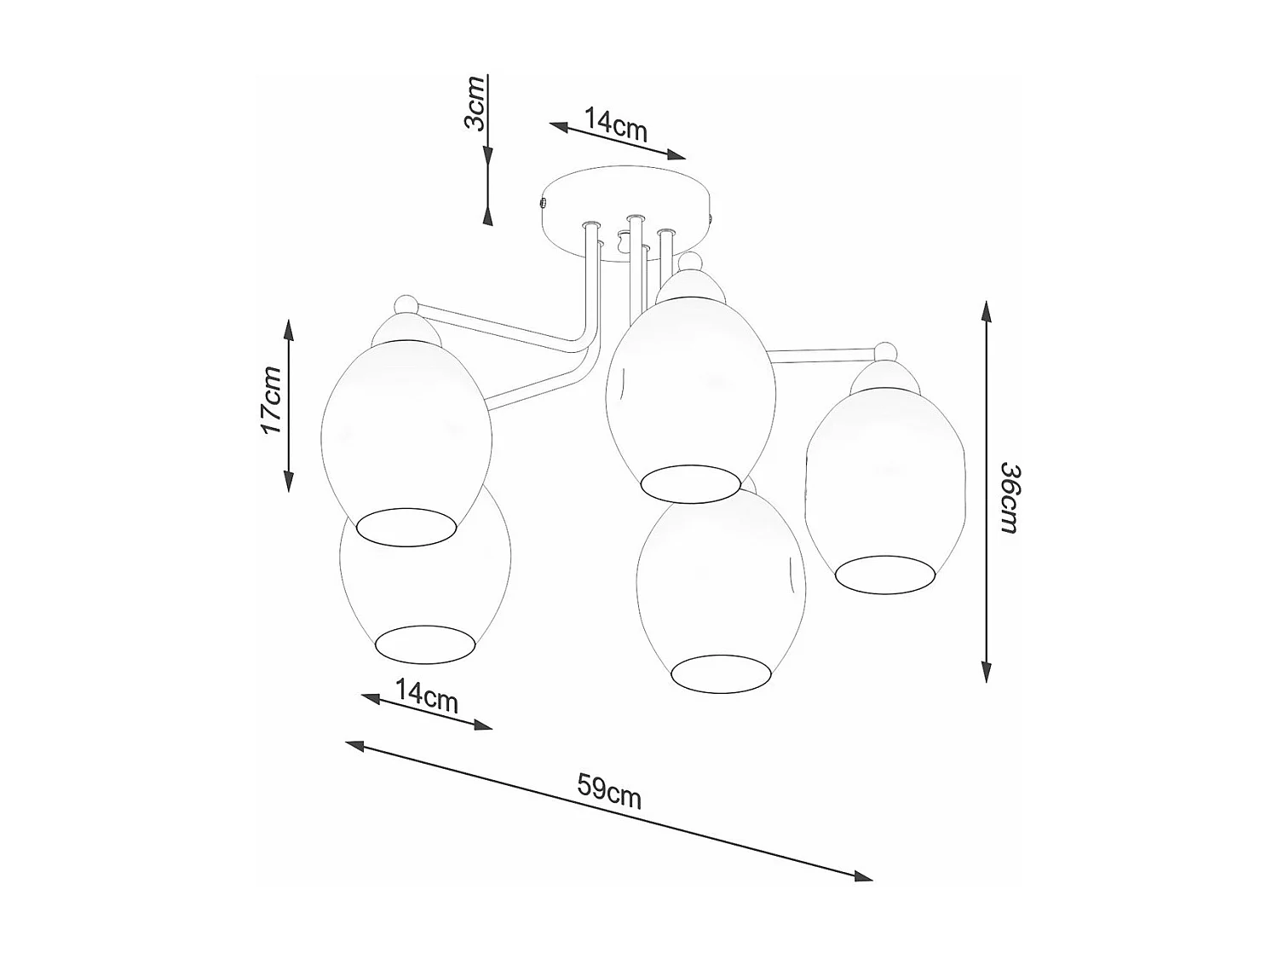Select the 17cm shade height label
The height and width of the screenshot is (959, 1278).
272,400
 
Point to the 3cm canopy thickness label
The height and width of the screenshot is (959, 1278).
475,102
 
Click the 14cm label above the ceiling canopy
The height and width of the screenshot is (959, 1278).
616,124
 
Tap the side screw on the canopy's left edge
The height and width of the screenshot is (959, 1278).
543,204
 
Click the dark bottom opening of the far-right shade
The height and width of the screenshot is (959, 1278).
884,575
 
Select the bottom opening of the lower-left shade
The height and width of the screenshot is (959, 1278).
424,644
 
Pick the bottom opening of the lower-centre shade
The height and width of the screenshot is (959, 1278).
722,673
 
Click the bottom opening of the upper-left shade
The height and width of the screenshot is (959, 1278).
406,528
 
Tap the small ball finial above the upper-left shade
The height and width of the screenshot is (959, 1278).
405,304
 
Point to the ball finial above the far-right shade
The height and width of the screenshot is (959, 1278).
886,351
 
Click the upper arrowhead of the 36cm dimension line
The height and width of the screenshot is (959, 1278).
986,310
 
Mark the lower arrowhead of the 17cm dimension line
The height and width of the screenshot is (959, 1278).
289,482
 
